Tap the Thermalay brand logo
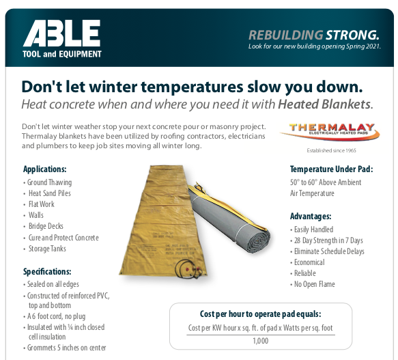tap(330, 132)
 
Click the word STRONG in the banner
tap(352, 35)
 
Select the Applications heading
tap(44, 169)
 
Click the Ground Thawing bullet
tap(48, 182)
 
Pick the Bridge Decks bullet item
tap(44, 226)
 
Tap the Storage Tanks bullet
tap(44, 249)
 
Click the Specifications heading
tap(47, 272)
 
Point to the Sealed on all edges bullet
tap(51, 284)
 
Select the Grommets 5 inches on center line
tap(65, 348)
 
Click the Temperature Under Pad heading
tap(332, 169)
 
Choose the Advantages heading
tap(311, 217)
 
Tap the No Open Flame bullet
tap(313, 284)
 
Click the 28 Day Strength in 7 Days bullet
tap(326, 240)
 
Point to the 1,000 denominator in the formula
tap(261, 341)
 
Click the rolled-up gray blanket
tap(229, 218)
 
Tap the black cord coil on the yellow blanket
tap(188, 268)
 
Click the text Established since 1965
tap(331, 151)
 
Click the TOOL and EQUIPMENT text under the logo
tap(62, 54)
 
